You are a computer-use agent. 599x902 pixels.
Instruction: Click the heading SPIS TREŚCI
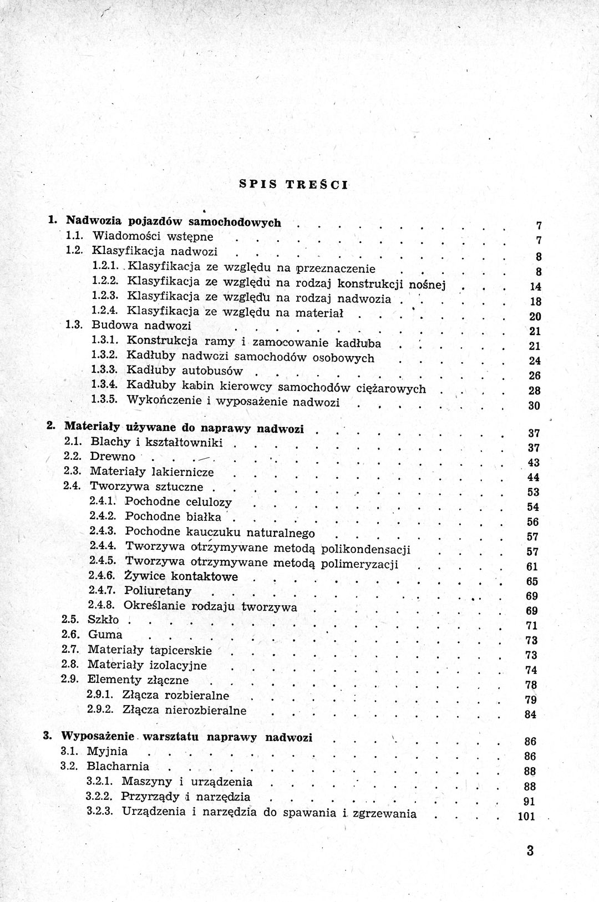click(293, 184)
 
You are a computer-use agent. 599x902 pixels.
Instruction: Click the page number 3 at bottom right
click(530, 850)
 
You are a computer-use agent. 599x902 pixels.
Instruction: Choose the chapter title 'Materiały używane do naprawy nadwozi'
click(184, 428)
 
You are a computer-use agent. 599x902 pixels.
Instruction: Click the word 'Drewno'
click(113, 457)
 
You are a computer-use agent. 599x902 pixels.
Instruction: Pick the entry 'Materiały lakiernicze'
click(151, 472)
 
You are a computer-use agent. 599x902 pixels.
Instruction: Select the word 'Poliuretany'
click(158, 591)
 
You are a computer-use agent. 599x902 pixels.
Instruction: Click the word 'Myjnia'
click(107, 752)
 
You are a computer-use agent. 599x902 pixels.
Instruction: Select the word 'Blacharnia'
click(118, 767)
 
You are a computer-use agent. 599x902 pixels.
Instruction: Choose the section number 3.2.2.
click(101, 797)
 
